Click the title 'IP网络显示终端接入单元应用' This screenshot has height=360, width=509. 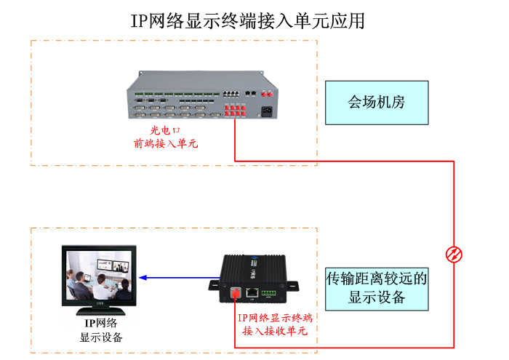[247, 20]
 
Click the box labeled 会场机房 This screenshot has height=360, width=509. [376, 101]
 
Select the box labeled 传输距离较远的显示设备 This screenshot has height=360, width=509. [376, 287]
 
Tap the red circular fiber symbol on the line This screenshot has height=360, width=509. [454, 253]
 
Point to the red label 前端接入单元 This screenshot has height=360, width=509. [165, 143]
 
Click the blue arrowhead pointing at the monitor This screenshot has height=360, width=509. [143, 277]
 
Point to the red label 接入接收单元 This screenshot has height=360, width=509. [275, 332]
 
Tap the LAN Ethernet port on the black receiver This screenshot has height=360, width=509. [251, 293]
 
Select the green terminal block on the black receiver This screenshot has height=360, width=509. [269, 294]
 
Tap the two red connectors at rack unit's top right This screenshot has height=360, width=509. [266, 93]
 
